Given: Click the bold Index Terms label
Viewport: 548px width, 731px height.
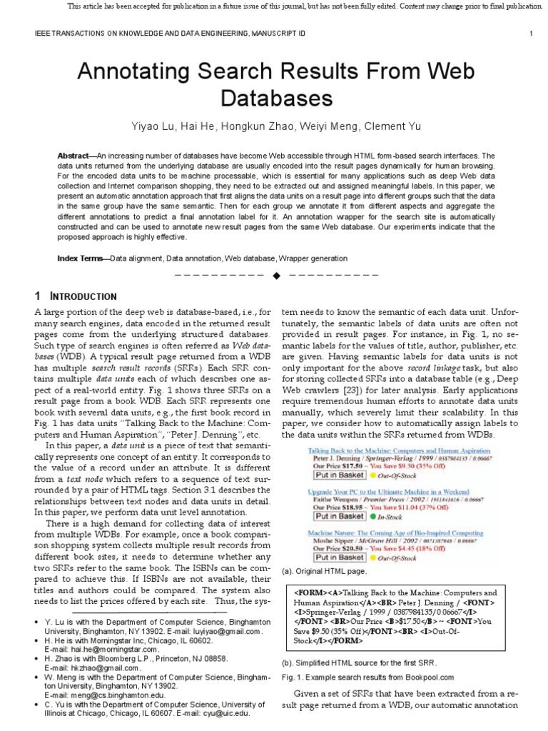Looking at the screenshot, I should point(81,258).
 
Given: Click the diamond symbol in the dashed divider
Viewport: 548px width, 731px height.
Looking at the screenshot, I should point(274,276).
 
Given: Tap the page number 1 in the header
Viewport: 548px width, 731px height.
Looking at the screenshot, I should point(532,34).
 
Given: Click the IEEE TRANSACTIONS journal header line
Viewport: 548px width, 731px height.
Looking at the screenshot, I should point(164,34).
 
